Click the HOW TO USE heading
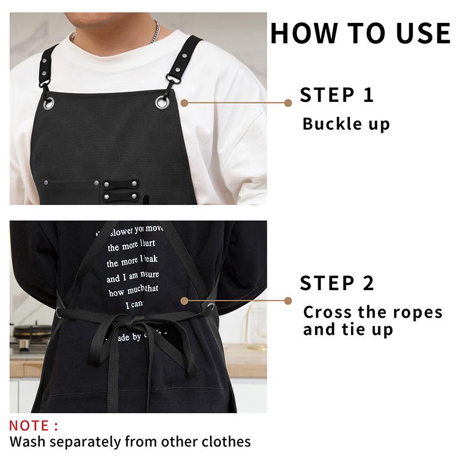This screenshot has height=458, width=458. [360, 33]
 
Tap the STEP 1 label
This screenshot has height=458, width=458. [337, 95]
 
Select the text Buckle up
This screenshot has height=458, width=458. [346, 124]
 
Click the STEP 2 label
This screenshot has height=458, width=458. [337, 283]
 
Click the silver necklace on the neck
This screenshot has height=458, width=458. [153, 33]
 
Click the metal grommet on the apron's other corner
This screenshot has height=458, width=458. [49, 102]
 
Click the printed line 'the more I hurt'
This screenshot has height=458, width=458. [131, 247]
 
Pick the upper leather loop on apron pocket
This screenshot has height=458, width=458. [120, 184]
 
